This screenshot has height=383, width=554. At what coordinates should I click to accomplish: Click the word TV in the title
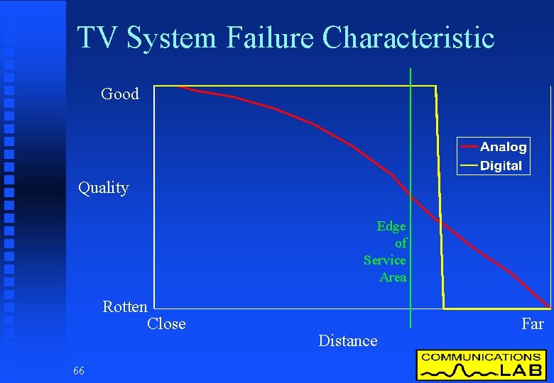tap(98, 38)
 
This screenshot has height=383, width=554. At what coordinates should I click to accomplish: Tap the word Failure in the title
tap(271, 38)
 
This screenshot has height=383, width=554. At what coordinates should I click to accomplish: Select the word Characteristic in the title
tap(408, 38)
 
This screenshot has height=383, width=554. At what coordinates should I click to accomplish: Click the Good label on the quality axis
tap(120, 94)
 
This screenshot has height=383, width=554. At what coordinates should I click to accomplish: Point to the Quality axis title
tap(104, 188)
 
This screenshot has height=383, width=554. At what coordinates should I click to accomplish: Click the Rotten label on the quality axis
tap(125, 307)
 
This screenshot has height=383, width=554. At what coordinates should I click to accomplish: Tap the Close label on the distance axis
tap(166, 324)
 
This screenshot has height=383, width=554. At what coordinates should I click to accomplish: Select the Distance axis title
tap(348, 341)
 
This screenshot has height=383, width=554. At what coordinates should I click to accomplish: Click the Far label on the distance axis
tap(533, 324)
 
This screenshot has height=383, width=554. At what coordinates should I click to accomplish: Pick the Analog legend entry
tap(503, 147)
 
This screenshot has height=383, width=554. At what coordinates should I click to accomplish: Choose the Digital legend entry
tap(501, 166)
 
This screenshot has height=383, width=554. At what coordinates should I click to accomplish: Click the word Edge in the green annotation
tap(391, 226)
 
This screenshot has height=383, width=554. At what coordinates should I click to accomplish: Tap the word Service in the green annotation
tap(385, 260)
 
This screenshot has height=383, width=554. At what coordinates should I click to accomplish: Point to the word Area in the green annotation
tap(393, 277)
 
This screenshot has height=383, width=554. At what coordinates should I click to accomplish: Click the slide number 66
tap(78, 371)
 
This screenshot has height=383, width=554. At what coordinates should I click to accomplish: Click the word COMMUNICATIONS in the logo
tap(481, 357)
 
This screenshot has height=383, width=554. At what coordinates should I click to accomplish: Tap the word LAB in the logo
tap(521, 370)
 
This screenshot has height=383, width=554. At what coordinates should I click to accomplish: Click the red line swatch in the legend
tap(469, 147)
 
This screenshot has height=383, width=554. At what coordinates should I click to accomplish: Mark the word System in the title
tap(173, 38)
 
